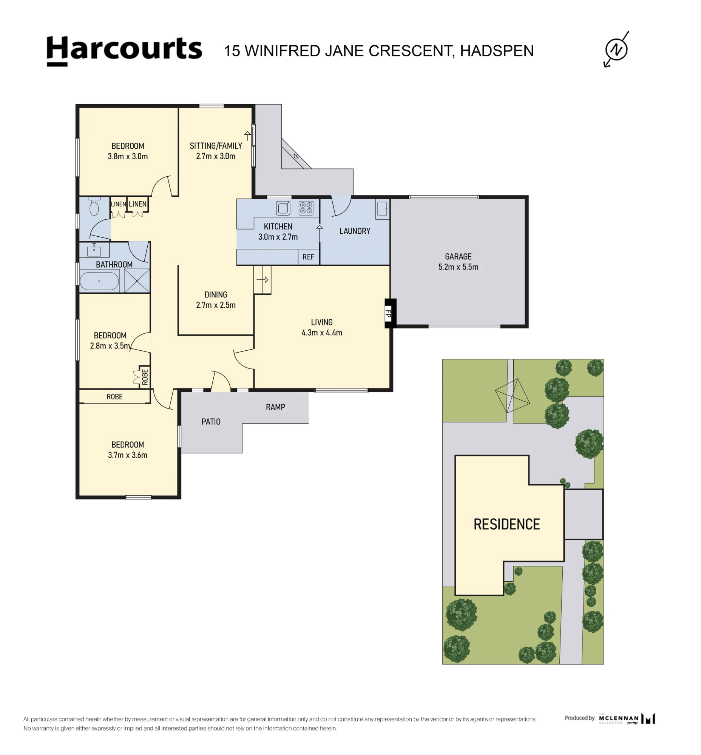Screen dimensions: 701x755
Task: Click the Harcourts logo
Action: click(x=124, y=51)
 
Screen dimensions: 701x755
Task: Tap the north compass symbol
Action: click(x=616, y=49)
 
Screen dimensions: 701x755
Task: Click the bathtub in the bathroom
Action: click(x=99, y=281)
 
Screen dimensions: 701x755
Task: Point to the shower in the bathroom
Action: click(x=137, y=280)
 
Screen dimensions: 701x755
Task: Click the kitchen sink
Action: click(x=283, y=208)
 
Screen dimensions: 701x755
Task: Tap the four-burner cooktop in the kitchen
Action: click(x=306, y=208)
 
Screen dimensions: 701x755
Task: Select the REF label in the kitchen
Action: click(x=308, y=257)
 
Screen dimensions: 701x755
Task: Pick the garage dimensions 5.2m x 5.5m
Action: click(x=458, y=267)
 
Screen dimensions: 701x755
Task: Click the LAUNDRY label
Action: click(x=355, y=231)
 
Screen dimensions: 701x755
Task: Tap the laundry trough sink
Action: click(x=382, y=209)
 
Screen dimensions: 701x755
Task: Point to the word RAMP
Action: click(x=275, y=407)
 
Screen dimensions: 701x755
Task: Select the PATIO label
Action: click(x=211, y=422)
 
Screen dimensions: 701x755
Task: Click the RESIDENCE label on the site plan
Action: click(x=507, y=524)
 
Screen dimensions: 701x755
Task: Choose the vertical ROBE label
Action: click(x=145, y=376)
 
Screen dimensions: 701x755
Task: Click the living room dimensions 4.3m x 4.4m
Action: click(x=322, y=333)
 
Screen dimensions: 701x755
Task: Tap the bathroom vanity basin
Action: click(x=94, y=250)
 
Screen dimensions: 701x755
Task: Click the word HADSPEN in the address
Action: click(x=497, y=51)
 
